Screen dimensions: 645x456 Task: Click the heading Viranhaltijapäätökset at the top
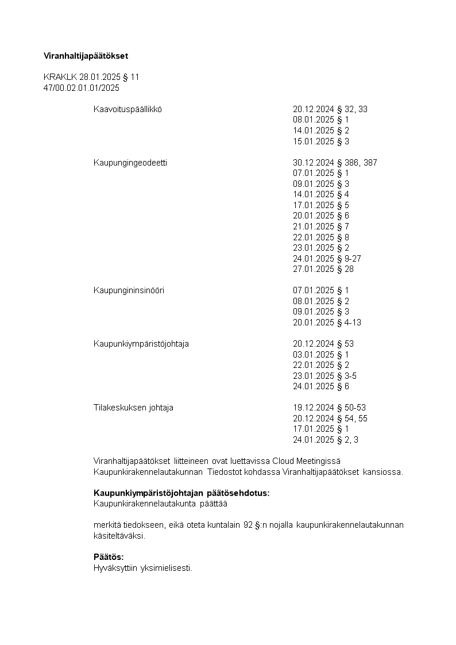tap(86, 56)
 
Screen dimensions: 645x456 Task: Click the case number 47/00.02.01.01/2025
tap(82, 88)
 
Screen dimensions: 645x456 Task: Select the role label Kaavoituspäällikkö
tap(127, 109)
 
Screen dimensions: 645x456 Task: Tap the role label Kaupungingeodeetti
tap(130, 163)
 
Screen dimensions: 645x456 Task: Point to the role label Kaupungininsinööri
tap(129, 290)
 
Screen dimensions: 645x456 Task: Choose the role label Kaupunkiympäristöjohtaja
tap(141, 344)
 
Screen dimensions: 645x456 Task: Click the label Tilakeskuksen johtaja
tap(133, 408)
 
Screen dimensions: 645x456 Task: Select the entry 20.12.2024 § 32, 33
tap(330, 109)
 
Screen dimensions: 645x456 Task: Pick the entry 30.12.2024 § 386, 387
tap(335, 163)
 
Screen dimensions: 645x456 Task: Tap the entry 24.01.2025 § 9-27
tap(327, 259)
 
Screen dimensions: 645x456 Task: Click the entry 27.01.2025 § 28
tap(323, 269)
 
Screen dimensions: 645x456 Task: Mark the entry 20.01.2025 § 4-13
tap(327, 322)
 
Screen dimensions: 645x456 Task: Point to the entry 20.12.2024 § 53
tap(323, 344)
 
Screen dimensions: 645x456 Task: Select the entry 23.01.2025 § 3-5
tap(325, 376)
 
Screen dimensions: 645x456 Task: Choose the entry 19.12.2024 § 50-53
tap(329, 408)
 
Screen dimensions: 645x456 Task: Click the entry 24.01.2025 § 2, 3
tap(326, 440)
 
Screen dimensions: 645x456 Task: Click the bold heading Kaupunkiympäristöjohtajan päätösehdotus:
tap(181, 493)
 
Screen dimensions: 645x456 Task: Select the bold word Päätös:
tap(109, 557)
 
